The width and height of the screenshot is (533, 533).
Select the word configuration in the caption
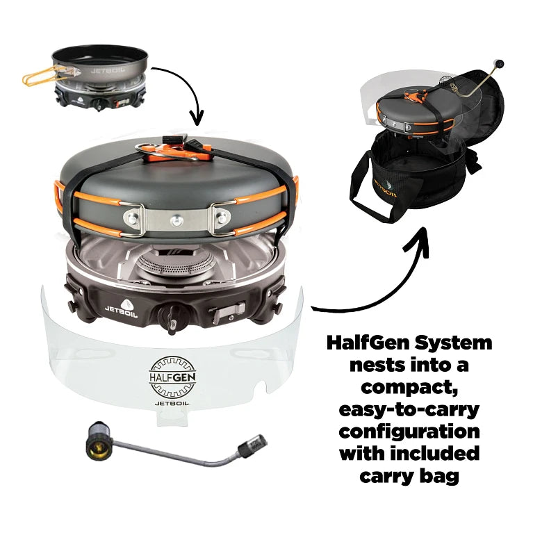(x=409, y=431)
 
